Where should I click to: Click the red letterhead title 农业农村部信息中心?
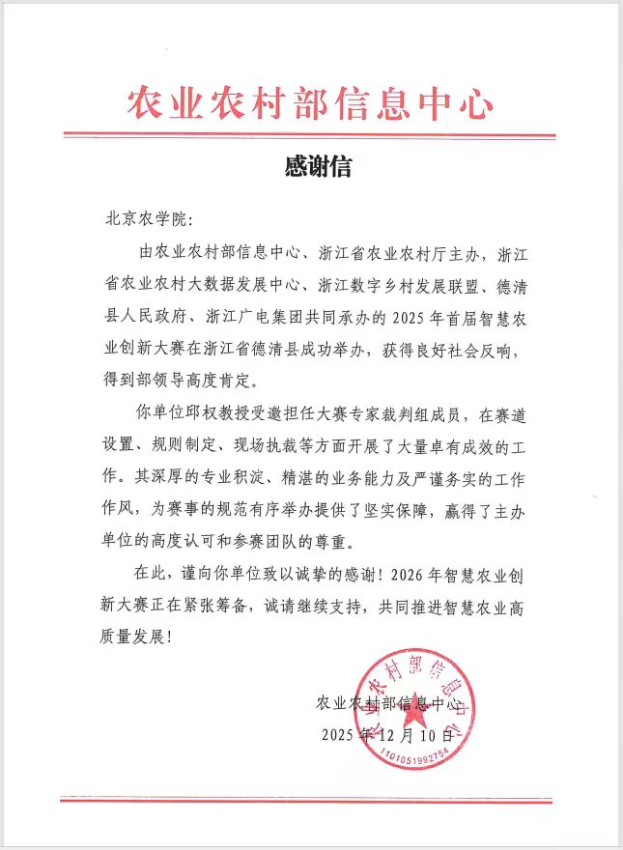click(x=310, y=100)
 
